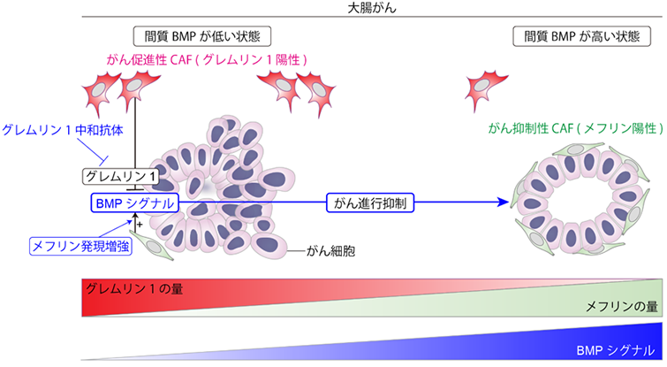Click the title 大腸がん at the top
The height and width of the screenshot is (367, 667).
coord(372,8)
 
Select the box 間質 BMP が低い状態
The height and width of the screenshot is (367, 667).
coord(202,36)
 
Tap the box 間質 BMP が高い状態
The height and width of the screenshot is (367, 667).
coord(581,36)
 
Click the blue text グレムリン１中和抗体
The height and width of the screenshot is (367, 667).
coord(63,130)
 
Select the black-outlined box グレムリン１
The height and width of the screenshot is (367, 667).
coord(120,176)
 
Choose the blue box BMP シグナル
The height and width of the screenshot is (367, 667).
coord(135,203)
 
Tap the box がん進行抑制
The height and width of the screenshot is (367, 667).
coord(370,203)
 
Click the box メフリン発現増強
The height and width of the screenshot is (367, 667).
coord(80,246)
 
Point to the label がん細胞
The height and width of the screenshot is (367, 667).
coord(330,251)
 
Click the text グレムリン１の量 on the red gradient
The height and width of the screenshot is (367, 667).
coord(134,289)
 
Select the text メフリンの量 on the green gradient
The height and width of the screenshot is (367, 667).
coord(621,306)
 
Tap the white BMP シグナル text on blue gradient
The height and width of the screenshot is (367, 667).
coord(615,350)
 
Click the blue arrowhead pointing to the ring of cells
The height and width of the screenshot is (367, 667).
coord(504,203)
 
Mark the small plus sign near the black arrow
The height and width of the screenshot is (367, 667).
coord(140,224)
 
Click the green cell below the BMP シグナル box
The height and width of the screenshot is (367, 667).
coord(152,245)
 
